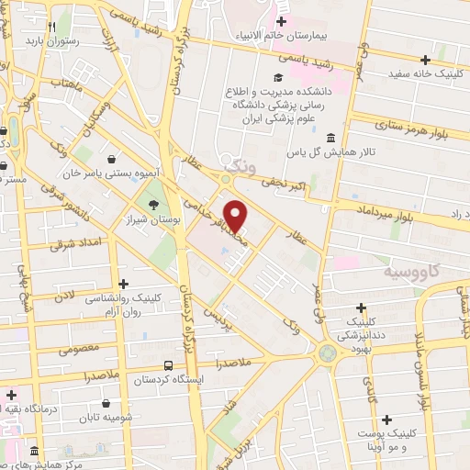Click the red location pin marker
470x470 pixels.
point(237,216)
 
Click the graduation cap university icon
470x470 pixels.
point(276,77)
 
